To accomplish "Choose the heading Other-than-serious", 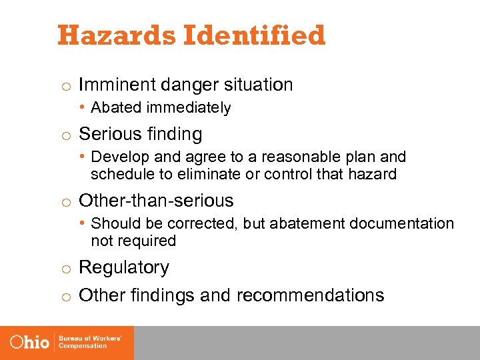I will pos(156,201).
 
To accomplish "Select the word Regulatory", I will pos(124,267).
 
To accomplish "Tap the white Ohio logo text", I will pos(30,342).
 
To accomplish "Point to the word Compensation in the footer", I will pos(83,346).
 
